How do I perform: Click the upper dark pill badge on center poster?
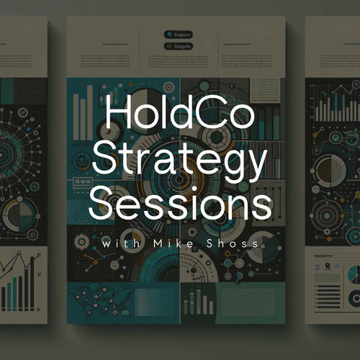tap(178, 33)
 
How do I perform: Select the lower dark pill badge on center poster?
tap(178, 46)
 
